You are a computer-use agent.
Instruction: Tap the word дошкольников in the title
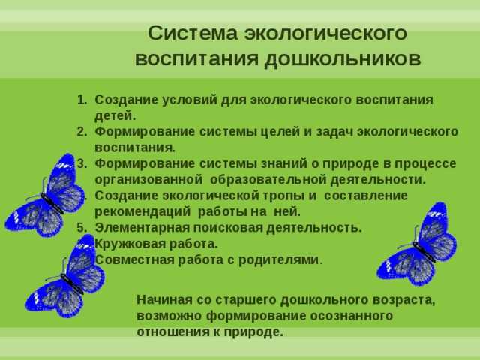tap(351, 58)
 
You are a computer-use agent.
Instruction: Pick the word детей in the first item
tap(114, 115)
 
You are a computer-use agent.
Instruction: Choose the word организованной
tap(149, 180)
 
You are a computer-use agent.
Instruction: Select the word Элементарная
tap(140, 227)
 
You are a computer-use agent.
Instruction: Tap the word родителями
tap(280, 259)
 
